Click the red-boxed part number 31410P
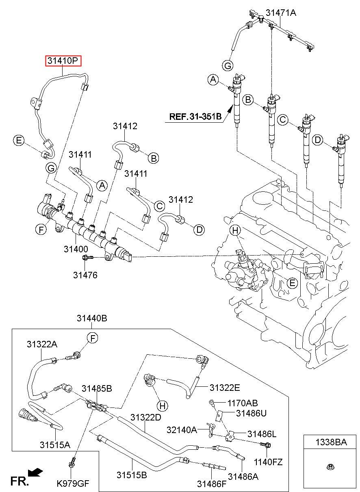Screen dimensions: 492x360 tap(63, 61)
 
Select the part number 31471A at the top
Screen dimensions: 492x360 tap(281, 13)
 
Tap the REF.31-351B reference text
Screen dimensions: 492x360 tap(195, 117)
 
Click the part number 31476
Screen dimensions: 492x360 tap(85, 275)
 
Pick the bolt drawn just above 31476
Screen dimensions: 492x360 tap(87, 258)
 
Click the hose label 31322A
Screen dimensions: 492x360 tap(42, 345)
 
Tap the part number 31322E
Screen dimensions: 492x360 tap(225, 388)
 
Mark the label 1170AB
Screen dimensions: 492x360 tap(242, 403)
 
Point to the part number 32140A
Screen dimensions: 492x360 tap(182, 429)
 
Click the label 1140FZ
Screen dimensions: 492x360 tap(268, 462)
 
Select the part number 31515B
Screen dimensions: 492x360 tap(132, 475)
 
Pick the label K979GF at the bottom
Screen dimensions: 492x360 tap(73, 483)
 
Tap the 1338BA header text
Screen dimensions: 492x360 tap(331, 442)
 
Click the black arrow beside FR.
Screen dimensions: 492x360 tap(37, 472)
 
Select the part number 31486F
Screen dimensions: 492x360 tap(211, 484)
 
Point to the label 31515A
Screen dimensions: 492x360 tap(55, 444)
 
